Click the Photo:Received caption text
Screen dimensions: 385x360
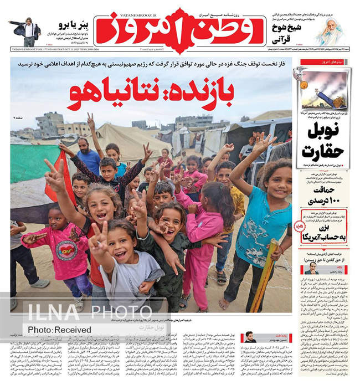(59, 330)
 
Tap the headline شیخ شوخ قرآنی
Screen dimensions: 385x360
(285, 34)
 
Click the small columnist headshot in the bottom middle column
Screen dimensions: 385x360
(250, 336)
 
